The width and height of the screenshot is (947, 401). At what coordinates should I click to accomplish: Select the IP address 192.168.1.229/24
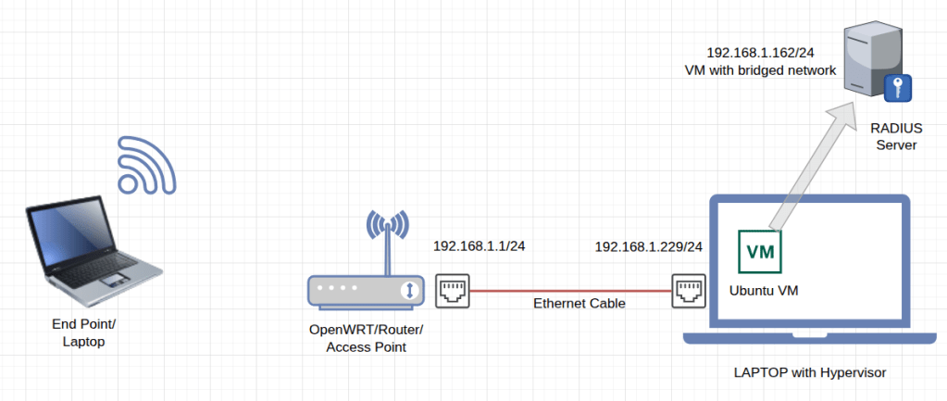point(648,246)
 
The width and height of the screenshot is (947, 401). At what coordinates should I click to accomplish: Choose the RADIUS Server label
point(892,137)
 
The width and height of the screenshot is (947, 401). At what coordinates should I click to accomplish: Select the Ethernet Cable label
point(579,304)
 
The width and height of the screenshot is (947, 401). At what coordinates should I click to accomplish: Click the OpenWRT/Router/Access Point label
point(365,338)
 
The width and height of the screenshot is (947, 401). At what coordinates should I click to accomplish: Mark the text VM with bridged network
point(758,70)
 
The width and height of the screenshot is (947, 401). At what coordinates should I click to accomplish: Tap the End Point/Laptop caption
point(84,332)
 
